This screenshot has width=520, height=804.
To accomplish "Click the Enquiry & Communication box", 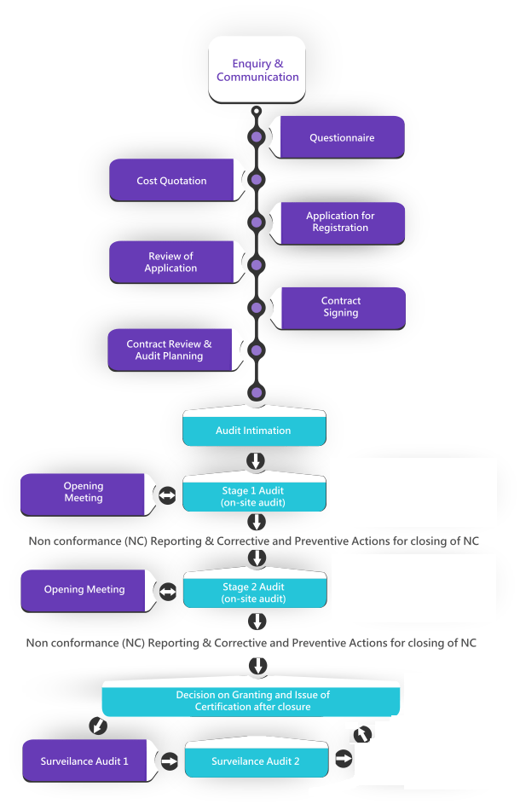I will point(257,70).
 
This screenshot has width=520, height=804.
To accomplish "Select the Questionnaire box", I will point(341,137).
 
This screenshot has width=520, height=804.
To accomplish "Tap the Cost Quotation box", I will point(171,181).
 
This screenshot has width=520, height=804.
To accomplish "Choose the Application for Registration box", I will point(340,222).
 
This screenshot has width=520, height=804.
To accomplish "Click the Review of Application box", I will point(170,263).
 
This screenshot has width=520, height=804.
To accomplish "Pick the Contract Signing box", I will point(340,307).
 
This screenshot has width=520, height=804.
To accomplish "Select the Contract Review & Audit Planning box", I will point(169,350).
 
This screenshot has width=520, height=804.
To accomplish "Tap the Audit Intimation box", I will point(253,431).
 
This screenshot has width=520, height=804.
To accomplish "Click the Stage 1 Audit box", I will point(253,496).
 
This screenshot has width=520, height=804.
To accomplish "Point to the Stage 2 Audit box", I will point(253,593).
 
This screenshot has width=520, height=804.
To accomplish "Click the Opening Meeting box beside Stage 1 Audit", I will point(83,493).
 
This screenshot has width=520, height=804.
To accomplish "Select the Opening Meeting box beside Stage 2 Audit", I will point(84,590).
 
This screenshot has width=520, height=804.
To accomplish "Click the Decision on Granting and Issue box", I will point(252,701).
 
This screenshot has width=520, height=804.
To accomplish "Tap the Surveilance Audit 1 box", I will point(84,761).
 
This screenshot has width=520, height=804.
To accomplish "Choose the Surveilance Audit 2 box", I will point(255,761).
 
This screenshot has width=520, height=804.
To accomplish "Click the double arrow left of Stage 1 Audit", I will point(167,495).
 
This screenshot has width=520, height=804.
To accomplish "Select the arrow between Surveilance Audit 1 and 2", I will point(168,760).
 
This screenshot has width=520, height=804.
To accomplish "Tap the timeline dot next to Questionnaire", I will point(257,137).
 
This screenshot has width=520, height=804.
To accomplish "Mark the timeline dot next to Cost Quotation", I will point(257,180).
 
